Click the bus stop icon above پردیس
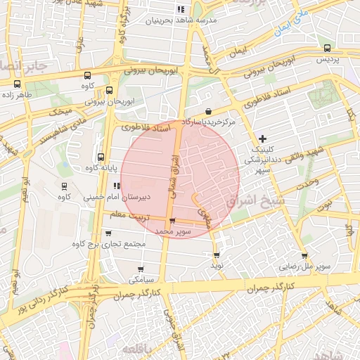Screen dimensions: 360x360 point(328,48)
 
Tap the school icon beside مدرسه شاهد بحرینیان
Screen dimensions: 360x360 point(180,10)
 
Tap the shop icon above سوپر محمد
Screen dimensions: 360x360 point(173,221)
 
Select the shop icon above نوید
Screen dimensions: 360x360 point(216,255)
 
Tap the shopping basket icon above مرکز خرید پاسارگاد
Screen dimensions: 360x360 point(209,112)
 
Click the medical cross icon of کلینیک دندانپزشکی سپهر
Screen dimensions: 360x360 point(262,138)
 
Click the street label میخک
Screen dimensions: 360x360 point(60,111)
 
